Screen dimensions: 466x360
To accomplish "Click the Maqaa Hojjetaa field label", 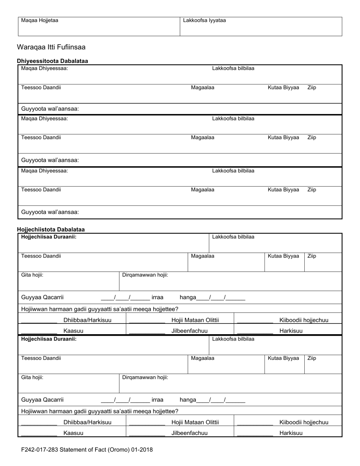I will [39, 20].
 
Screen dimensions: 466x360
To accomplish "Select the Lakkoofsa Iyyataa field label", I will [204, 20].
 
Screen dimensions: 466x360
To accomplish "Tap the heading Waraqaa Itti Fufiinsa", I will [51, 47].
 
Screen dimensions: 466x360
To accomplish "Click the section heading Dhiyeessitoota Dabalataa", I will [52, 61].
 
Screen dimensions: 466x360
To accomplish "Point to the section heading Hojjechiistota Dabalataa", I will [51, 230].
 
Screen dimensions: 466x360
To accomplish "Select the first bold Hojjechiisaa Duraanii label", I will [49, 237].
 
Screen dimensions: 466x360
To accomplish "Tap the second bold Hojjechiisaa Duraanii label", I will [49, 339].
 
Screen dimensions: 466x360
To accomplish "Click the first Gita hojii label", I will [32, 275].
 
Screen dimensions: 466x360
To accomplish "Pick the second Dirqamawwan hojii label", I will [145, 377].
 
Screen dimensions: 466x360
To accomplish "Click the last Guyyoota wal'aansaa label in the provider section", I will [50, 212].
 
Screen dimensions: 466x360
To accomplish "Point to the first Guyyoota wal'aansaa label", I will [50, 109].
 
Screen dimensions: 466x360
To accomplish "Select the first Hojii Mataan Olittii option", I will [195, 320].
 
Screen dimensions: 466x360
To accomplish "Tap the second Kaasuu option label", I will [74, 433].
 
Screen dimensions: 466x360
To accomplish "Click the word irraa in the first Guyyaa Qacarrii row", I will [157, 298].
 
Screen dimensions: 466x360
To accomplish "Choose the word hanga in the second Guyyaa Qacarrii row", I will [188, 400].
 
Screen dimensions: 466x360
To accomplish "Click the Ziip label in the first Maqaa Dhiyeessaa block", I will [311, 88].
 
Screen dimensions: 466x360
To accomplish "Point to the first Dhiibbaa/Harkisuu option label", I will [88, 320].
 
